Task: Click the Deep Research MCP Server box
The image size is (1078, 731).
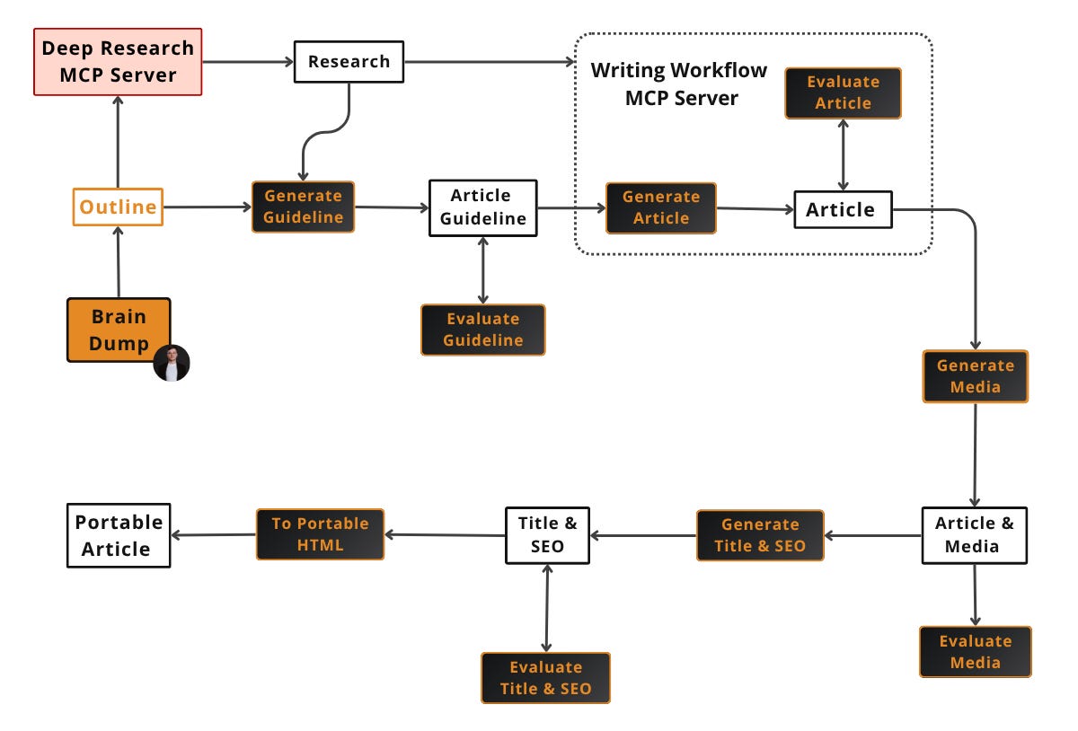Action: pyautogui.click(x=119, y=61)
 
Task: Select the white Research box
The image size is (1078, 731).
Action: pyautogui.click(x=349, y=62)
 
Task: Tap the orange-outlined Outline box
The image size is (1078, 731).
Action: pyautogui.click(x=118, y=207)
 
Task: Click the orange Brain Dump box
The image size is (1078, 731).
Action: pyautogui.click(x=119, y=330)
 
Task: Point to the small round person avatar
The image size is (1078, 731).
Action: pyautogui.click(x=172, y=363)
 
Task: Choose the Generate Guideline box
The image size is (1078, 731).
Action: pyautogui.click(x=303, y=207)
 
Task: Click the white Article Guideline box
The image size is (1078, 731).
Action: pyautogui.click(x=482, y=207)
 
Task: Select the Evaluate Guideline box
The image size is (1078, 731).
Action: pyautogui.click(x=482, y=330)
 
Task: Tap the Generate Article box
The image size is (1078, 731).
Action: pyautogui.click(x=661, y=207)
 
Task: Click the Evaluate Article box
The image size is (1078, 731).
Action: pyautogui.click(x=843, y=92)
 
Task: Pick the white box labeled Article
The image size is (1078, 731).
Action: pyautogui.click(x=842, y=209)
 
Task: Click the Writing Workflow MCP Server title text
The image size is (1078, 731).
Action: pyautogui.click(x=680, y=84)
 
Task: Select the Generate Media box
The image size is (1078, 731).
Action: pyautogui.click(x=975, y=376)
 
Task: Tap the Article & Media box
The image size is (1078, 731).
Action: pyautogui.click(x=974, y=535)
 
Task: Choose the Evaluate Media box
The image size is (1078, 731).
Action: pyautogui.click(x=975, y=652)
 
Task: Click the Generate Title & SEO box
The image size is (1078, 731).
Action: pyautogui.click(x=760, y=535)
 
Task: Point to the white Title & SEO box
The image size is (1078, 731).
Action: pyautogui.click(x=547, y=535)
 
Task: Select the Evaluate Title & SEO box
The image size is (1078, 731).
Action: pyautogui.click(x=545, y=678)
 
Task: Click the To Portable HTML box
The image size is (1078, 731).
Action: pyautogui.click(x=320, y=534)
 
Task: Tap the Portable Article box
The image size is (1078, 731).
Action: pyautogui.click(x=119, y=535)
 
